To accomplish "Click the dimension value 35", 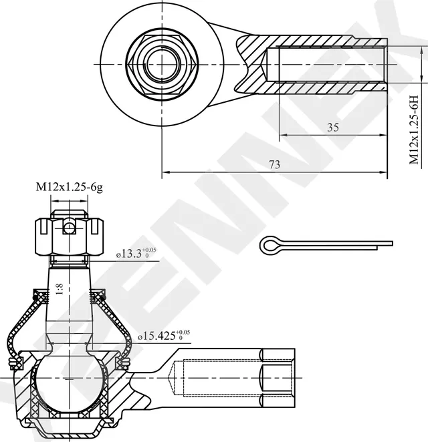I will pyautogui.click(x=332, y=128).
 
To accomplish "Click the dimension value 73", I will pyautogui.click(x=274, y=165).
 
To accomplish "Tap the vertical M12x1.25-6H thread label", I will pyautogui.click(x=414, y=130).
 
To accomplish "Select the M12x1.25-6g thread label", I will pyautogui.click(x=69, y=188).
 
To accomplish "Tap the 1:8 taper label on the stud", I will pyautogui.click(x=60, y=288).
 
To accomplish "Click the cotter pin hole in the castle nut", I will pyautogui.click(x=68, y=228).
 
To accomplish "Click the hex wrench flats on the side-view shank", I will pyautogui.click(x=278, y=379).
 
